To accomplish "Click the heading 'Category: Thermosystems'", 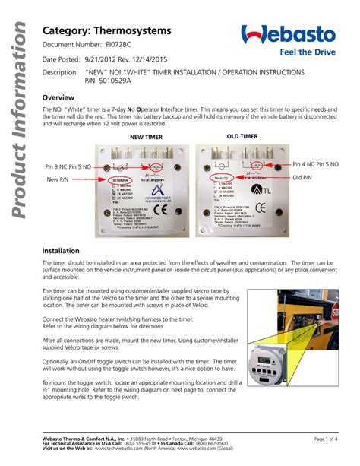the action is (106, 30).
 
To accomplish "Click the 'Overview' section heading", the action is (58, 98).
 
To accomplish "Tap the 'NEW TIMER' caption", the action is (147, 137).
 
